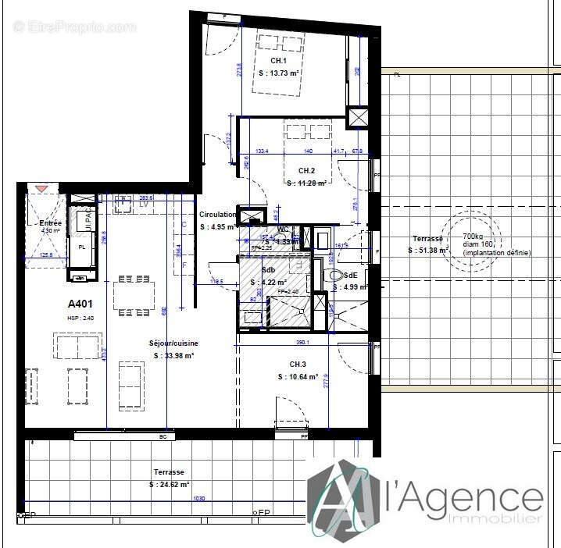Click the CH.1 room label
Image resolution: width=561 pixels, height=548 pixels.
[279, 61]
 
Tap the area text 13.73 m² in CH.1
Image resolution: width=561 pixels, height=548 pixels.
[280, 73]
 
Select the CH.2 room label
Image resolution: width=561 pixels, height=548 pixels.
[306, 171]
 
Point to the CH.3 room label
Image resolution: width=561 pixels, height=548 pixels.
[298, 365]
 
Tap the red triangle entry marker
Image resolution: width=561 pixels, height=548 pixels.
[41, 189]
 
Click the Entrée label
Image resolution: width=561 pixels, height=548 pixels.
[50, 223]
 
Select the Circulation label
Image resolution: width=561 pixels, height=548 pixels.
[217, 215]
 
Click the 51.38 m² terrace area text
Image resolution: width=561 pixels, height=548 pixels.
[428, 251]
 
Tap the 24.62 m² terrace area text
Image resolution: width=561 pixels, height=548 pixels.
[169, 485]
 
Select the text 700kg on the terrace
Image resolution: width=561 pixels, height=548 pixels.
[473, 237]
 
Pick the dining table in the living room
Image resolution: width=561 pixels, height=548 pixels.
[134, 295]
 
